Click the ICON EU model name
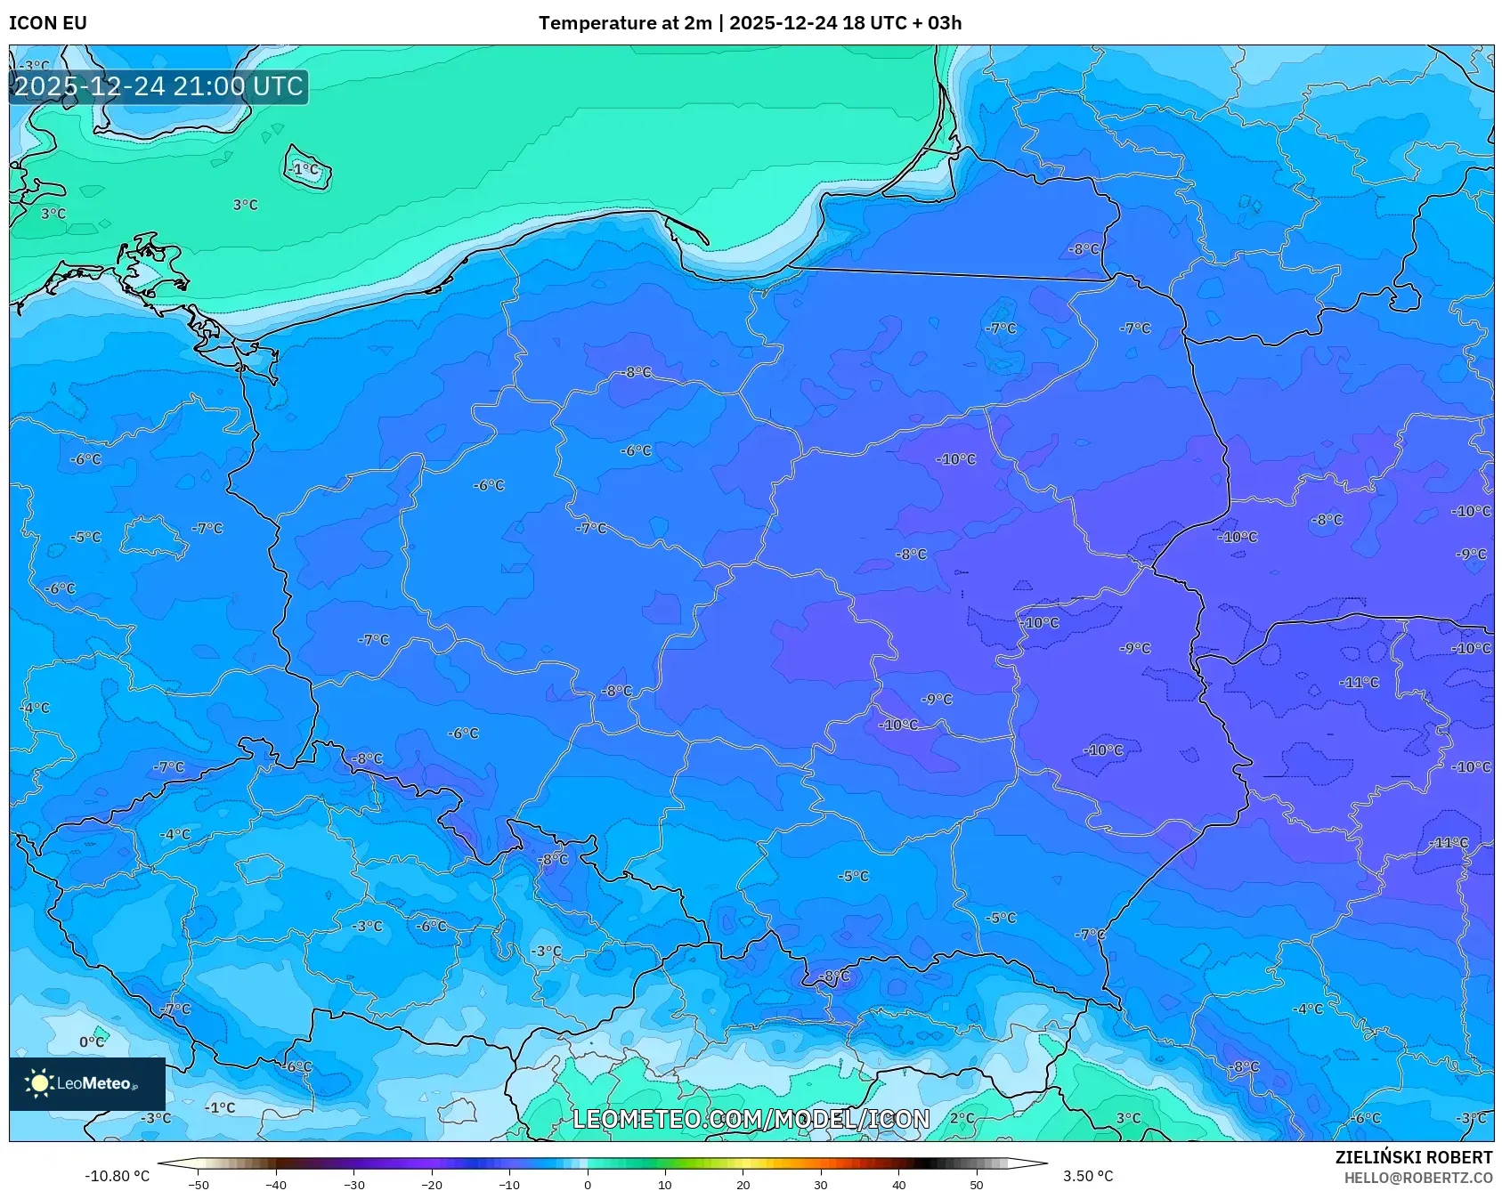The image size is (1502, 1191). click(48, 23)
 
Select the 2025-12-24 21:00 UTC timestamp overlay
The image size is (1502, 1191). click(158, 86)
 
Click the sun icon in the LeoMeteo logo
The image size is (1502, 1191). click(39, 1083)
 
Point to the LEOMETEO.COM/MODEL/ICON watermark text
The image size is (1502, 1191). click(751, 1119)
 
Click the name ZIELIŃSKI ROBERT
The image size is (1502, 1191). click(1413, 1157)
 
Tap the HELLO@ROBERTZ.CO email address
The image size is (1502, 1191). click(1417, 1178)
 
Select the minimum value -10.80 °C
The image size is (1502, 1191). click(118, 1176)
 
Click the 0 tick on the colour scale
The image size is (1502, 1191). click(588, 1185)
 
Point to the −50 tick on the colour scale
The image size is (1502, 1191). click(199, 1185)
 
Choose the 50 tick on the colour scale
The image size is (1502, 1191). click(977, 1185)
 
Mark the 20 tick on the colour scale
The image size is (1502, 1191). click(743, 1185)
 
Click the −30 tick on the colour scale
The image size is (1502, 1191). click(354, 1185)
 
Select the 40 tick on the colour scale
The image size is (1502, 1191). click(899, 1185)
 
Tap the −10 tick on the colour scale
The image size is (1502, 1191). click(509, 1185)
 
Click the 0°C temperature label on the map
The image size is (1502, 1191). click(91, 1041)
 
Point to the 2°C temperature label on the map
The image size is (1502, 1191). click(962, 1118)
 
